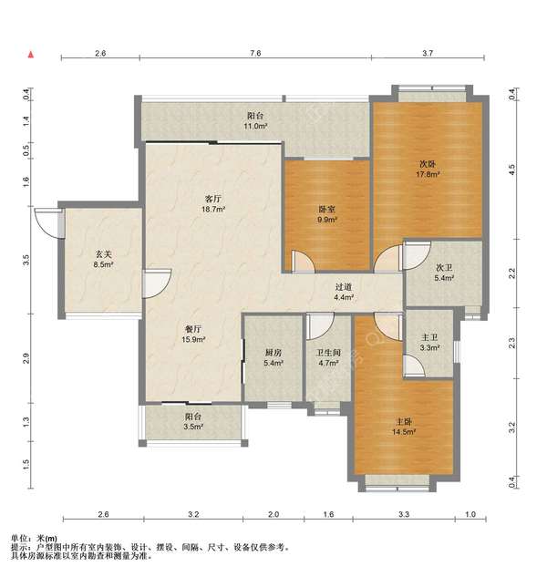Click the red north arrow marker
tap(31, 55)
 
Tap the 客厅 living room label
tap(213, 199)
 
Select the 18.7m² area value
tap(213, 210)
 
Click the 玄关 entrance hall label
tap(103, 254)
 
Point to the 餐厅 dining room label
tap(193, 329)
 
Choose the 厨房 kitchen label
tap(273, 353)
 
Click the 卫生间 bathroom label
tap(328, 353)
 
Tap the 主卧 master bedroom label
tap(404, 421)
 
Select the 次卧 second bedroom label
tap(428, 164)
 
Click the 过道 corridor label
tap(344, 286)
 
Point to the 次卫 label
tap(444, 267)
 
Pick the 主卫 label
tap(429, 336)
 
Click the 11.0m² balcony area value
tap(255, 126)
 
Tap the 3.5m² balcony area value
tap(193, 427)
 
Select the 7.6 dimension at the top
tap(255, 53)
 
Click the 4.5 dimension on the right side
tap(511, 170)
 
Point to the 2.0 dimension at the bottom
tap(273, 514)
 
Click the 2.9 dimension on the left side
tap(26, 358)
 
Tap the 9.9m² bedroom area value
tap(327, 220)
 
